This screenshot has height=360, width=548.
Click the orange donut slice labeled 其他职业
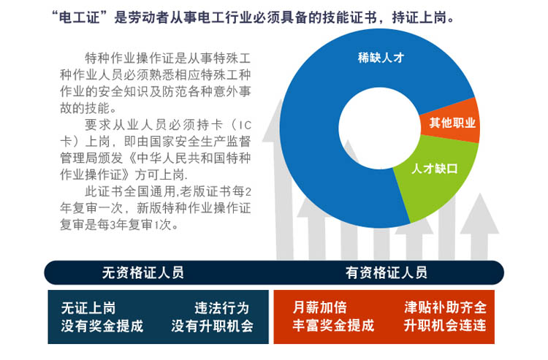pos(451,122)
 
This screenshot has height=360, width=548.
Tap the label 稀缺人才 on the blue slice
pos(381,58)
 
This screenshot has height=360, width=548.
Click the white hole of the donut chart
pos(379,128)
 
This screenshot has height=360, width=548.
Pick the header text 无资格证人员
pos(142,272)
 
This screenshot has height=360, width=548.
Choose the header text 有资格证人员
pos(386,272)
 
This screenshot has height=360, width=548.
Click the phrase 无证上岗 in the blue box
pos(88,308)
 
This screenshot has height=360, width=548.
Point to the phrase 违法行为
pos(221,308)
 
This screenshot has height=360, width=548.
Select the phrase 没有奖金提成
pos(102,326)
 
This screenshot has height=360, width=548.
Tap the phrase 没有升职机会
pos(212,326)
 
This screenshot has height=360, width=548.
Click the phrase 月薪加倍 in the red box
pos(319,307)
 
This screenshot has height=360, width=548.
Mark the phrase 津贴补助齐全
pos(445,307)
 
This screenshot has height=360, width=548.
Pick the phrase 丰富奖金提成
pos(333,326)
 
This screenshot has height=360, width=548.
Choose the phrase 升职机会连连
pos(445,326)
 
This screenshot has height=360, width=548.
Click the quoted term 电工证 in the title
pos(79,18)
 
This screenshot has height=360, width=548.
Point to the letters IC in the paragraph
pos(244,126)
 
